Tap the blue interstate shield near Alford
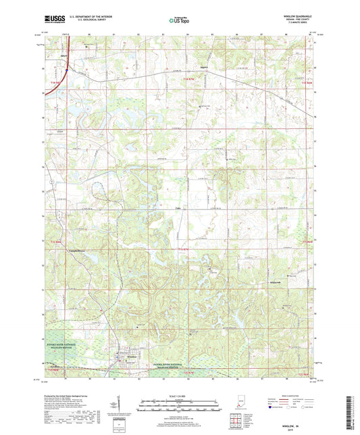(69, 68)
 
